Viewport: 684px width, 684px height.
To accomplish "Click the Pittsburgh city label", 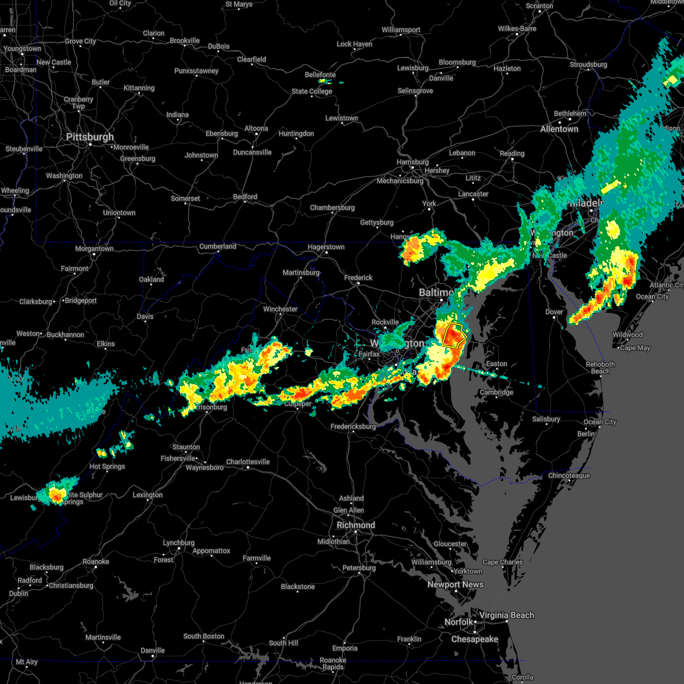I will [x=90, y=137].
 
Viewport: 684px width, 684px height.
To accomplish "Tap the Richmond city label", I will [x=356, y=525].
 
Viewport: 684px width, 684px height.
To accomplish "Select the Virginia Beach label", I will [x=506, y=615].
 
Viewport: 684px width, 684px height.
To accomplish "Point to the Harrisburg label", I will [x=412, y=162].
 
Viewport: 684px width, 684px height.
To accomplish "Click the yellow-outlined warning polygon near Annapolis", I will [x=454, y=336].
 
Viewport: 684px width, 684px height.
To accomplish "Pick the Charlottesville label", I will [x=247, y=462].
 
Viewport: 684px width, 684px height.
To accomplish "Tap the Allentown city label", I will [x=559, y=129].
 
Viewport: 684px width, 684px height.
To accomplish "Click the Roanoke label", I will [x=96, y=561].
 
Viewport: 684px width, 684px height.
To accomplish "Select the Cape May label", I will [x=635, y=348].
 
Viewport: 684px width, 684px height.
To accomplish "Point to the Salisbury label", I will [x=546, y=419].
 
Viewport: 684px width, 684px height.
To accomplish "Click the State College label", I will [x=312, y=91].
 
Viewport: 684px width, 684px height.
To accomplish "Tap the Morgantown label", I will [x=95, y=249].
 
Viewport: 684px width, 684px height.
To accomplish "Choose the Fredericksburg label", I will [x=353, y=426].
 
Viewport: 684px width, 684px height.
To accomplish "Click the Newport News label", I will [x=455, y=584].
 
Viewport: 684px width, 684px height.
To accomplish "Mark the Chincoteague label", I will [x=569, y=475].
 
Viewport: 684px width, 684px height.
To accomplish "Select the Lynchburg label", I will [x=178, y=543].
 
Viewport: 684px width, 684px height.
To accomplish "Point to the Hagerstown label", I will [x=326, y=247].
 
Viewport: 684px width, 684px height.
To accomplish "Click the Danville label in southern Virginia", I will [x=152, y=650].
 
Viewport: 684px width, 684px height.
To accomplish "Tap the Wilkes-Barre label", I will [x=517, y=28].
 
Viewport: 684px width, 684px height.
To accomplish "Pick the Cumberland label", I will [x=218, y=246].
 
